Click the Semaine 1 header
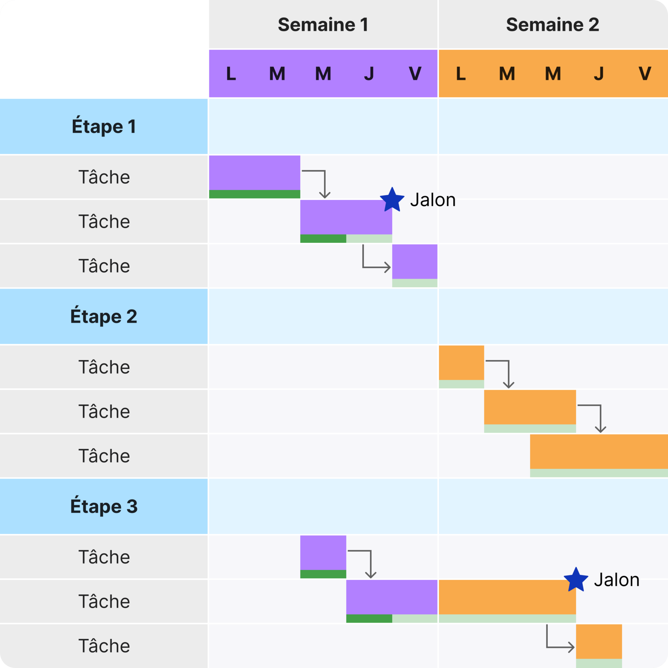click(x=323, y=25)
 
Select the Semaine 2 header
click(x=552, y=25)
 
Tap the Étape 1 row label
click(x=104, y=126)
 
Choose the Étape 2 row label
click(x=104, y=316)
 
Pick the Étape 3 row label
click(x=104, y=506)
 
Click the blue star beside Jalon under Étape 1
click(x=392, y=200)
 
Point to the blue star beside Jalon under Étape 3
click(x=576, y=580)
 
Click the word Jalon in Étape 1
click(x=433, y=200)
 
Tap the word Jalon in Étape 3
click(x=616, y=580)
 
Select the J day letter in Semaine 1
click(x=369, y=73)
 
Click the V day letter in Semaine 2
click(x=645, y=73)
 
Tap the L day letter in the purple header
click(x=231, y=73)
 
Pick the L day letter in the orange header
click(x=461, y=73)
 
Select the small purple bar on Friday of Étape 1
click(x=415, y=262)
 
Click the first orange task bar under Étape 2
click(x=461, y=362)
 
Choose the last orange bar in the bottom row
click(x=599, y=641)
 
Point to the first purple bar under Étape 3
click(x=323, y=553)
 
